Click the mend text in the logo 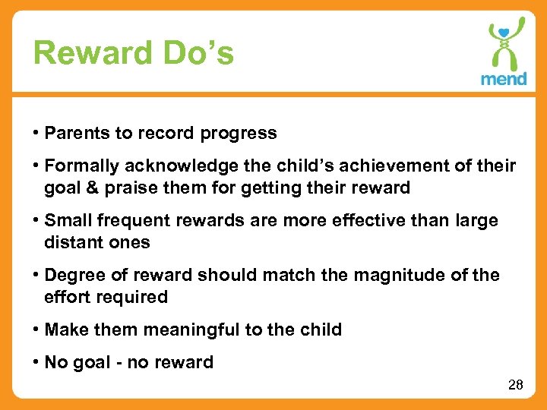coord(503,78)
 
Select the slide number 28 coord(515,385)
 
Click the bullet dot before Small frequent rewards coord(36,221)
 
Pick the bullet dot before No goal coord(36,363)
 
